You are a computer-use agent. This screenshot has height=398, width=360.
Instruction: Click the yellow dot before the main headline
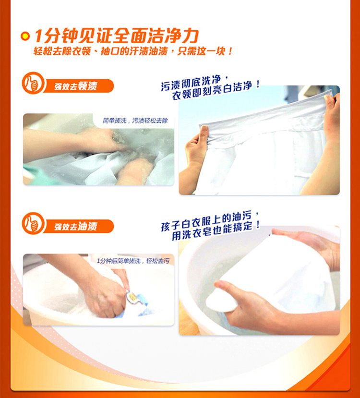coord(25,36)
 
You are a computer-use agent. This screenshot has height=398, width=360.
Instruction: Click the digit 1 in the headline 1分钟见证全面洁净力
coord(38,36)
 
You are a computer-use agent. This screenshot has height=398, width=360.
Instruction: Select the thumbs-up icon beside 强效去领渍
coord(33,83)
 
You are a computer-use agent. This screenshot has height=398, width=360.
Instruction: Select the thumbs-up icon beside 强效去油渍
coord(33,223)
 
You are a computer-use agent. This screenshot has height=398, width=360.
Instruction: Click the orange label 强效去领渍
coord(76,86)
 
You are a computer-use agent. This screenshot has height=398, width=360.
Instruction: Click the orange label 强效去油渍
coord(76,227)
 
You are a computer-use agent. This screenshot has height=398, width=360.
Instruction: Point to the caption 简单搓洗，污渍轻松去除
coord(135,121)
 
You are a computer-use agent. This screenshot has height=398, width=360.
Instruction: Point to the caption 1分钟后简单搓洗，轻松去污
coord(133,261)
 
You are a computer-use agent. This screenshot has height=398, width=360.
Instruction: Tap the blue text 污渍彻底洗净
coord(193,83)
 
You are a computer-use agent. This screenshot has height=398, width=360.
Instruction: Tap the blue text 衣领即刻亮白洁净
coord(216,91)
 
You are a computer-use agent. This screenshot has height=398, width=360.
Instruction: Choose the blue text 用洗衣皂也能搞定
coord(216,231)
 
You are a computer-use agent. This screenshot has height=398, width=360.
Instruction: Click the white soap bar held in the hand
coord(221,302)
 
